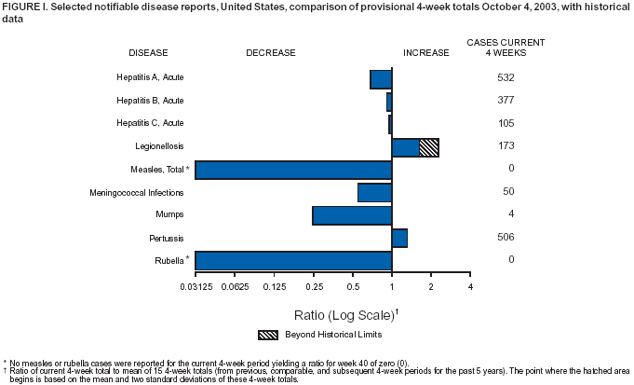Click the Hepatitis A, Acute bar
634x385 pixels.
pyautogui.click(x=381, y=78)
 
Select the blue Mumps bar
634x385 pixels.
pyautogui.click(x=352, y=215)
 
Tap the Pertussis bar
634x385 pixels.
pyautogui.click(x=399, y=238)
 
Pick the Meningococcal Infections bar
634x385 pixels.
pyautogui.click(x=374, y=192)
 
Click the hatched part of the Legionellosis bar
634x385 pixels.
pyautogui.click(x=429, y=146)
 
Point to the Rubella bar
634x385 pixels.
pyautogui.click(x=293, y=260)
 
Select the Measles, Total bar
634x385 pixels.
pyautogui.click(x=293, y=170)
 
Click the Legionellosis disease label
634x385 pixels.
pyautogui.click(x=159, y=146)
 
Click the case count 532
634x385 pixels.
pyautogui.click(x=506, y=77)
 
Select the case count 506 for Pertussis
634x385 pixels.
pyautogui.click(x=506, y=237)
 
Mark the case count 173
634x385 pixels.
pyautogui.click(x=506, y=145)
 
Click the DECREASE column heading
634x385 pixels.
pyautogui.click(x=271, y=53)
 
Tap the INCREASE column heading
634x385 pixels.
pyautogui.click(x=425, y=53)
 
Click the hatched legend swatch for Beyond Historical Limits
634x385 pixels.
pyautogui.click(x=268, y=334)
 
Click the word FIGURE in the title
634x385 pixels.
pyautogui.click(x=22, y=7)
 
